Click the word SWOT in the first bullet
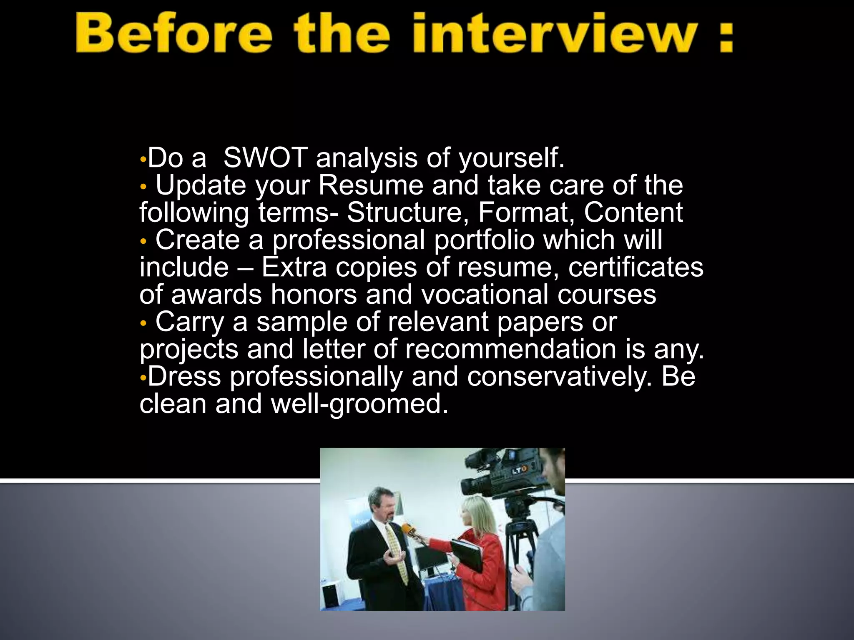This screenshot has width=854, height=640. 265,158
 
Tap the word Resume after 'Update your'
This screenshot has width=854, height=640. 371,185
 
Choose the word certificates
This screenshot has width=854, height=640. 635,267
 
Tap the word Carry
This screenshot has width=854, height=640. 190,322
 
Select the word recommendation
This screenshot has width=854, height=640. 510,349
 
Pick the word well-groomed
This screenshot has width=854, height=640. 359,404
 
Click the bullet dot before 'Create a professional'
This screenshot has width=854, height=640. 143,241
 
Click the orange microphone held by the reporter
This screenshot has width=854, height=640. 407,530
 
